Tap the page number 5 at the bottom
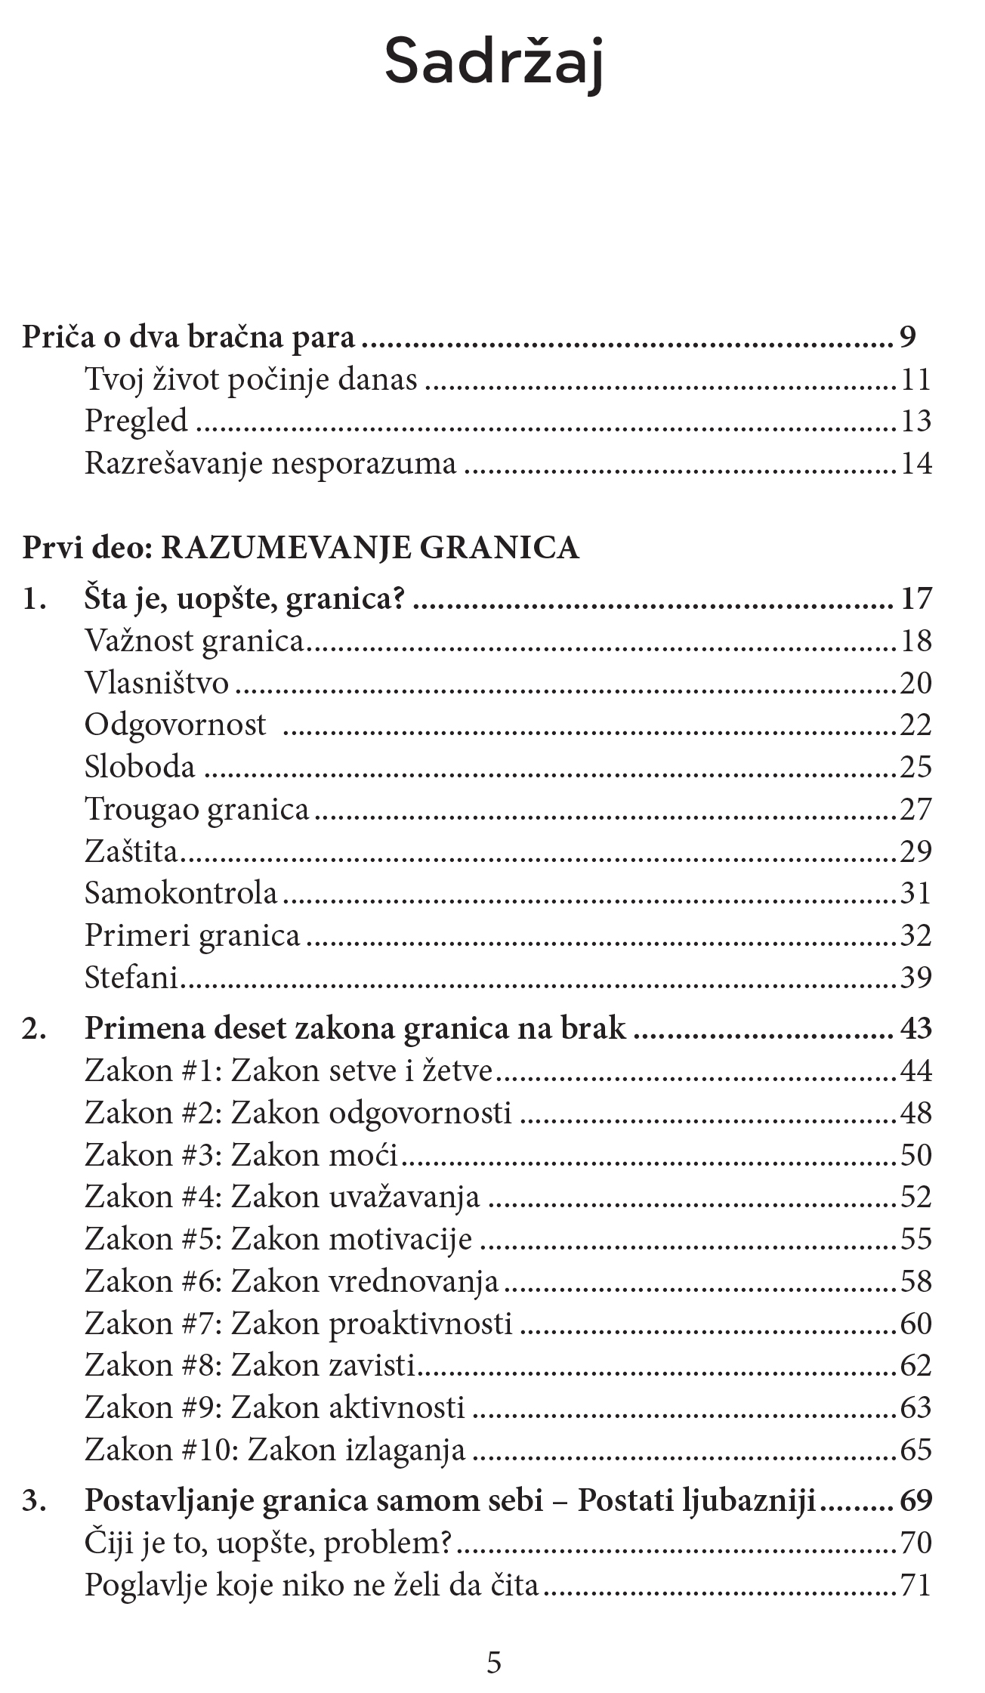(x=493, y=1662)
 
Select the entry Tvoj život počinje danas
(x=250, y=378)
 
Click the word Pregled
(x=136, y=421)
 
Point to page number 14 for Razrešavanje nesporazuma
(x=916, y=463)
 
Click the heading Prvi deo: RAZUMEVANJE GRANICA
(x=301, y=548)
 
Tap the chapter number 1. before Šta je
(x=34, y=599)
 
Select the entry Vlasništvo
(x=156, y=683)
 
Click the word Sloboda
(x=140, y=767)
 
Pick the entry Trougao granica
(x=196, y=809)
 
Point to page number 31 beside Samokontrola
(x=916, y=893)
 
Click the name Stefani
(x=131, y=978)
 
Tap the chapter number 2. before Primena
(x=34, y=1029)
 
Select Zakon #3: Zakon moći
(x=241, y=1155)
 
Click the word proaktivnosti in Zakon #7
(x=421, y=1324)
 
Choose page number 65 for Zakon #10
(x=916, y=1450)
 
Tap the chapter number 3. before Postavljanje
(x=34, y=1500)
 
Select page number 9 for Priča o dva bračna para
(x=907, y=337)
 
